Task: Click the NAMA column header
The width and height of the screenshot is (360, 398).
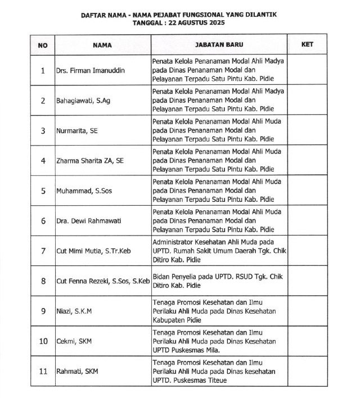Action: [x=102, y=44]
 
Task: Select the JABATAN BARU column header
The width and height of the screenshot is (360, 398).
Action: [x=218, y=44]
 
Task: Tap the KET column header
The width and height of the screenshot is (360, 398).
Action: [x=307, y=44]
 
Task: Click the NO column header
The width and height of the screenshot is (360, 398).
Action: [x=43, y=44]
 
